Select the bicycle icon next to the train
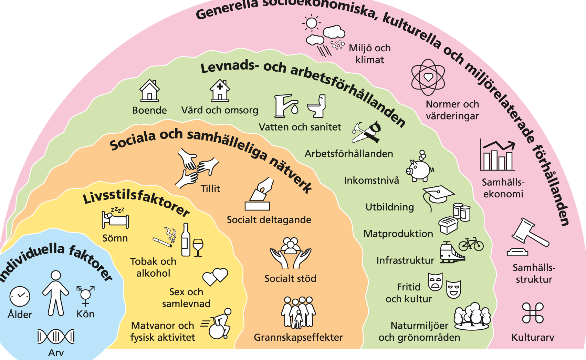471,244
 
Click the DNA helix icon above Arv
56,337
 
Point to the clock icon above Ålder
20,296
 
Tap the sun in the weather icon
311,23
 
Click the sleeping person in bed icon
115,218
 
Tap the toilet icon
317,106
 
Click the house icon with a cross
220,91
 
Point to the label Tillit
210,189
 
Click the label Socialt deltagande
269,220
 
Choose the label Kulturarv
533,337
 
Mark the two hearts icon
215,277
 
